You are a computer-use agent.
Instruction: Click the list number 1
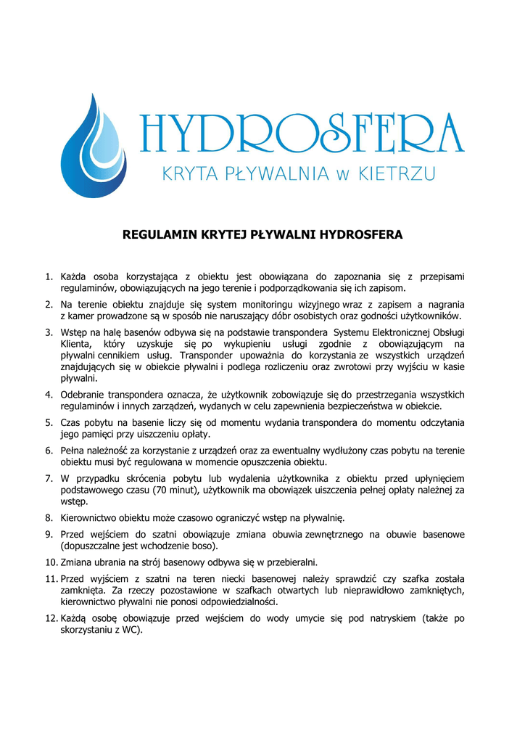point(49,276)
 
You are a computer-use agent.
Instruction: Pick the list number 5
point(49,422)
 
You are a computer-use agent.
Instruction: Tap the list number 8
point(49,518)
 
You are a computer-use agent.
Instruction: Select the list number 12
point(51,618)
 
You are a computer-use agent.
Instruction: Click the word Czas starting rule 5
point(71,422)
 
